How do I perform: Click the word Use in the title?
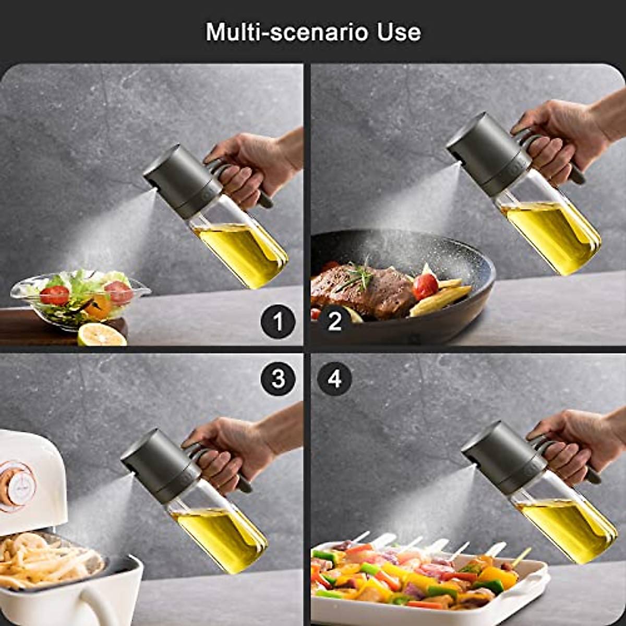tap(400, 32)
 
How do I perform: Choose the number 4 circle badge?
tap(334, 378)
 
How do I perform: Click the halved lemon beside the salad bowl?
tap(102, 335)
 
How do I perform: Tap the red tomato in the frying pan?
tap(426, 286)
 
